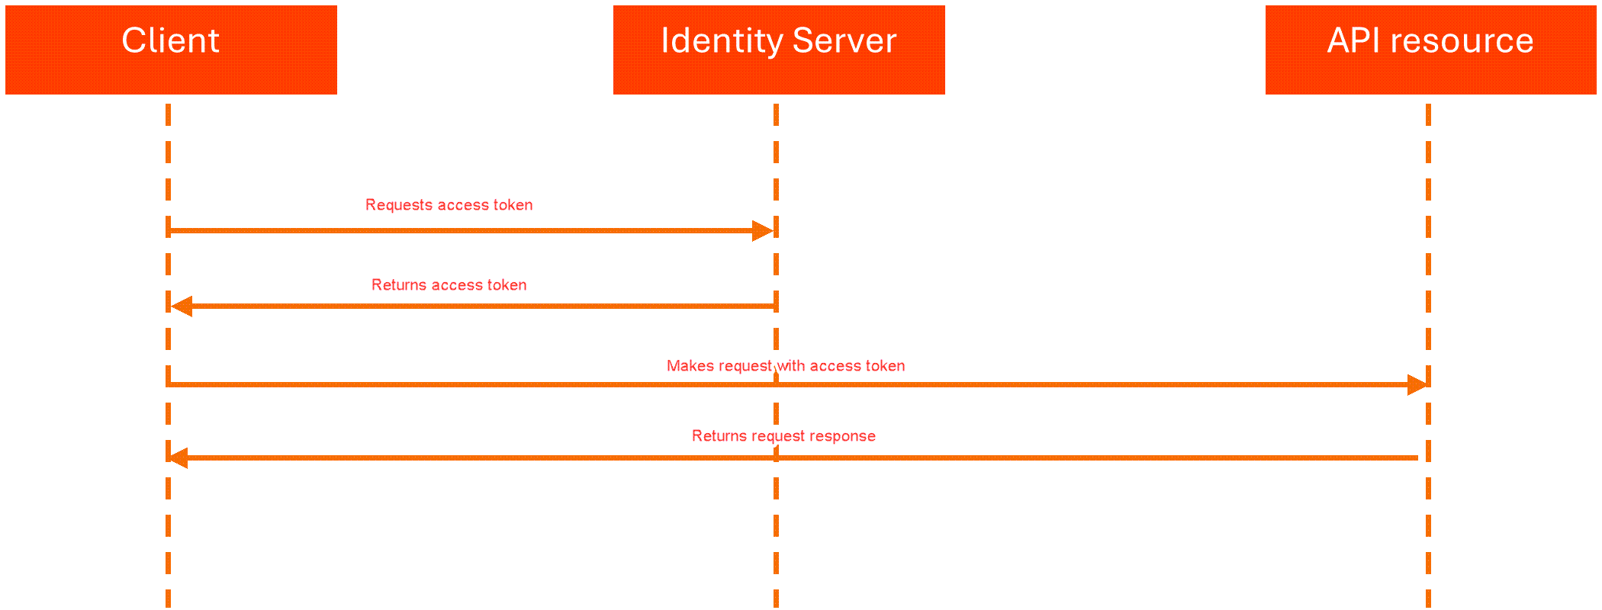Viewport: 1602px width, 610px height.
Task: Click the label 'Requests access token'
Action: [449, 205]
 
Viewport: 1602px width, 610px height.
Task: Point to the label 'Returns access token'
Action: [449, 285]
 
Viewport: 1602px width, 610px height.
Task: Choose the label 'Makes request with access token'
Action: [786, 366]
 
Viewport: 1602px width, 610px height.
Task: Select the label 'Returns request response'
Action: [783, 436]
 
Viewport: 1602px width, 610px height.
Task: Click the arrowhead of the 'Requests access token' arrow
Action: [762, 230]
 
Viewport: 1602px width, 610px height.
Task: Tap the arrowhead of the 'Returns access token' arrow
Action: [182, 307]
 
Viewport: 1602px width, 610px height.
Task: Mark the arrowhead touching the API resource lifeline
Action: [1417, 385]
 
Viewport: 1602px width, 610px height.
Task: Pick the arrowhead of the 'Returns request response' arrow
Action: [178, 458]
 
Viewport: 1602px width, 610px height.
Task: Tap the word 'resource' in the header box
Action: [1462, 40]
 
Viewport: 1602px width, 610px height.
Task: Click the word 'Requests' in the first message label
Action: [399, 205]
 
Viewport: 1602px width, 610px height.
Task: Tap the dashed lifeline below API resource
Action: [1428, 534]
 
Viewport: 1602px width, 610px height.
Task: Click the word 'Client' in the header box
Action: [171, 40]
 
